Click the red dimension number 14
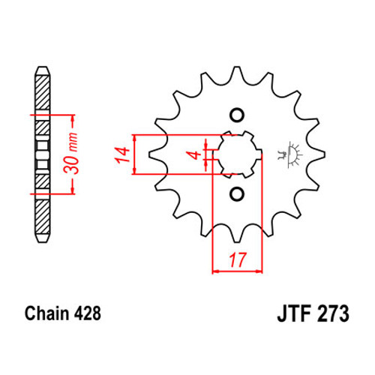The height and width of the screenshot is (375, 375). tap(122, 155)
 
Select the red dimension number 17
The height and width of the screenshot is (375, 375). tap(238, 260)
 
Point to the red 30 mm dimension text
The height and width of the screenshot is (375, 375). tap(70, 153)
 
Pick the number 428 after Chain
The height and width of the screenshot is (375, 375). tap(88, 313)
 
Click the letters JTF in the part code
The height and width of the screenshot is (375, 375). tap(294, 313)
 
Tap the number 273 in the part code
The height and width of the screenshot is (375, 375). tap(333, 313)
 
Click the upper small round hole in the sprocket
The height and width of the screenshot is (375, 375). tap(237, 115)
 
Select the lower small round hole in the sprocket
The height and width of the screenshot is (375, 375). tap(237, 193)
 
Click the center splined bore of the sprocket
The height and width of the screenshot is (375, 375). tap(237, 154)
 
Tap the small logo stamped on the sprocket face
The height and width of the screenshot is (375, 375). tap(290, 154)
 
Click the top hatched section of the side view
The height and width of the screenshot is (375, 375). tap(42, 92)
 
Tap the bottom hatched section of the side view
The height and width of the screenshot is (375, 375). tap(42, 217)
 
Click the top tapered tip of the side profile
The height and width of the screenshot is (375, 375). tap(42, 70)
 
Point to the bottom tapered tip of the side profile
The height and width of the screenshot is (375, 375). tap(42, 238)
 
